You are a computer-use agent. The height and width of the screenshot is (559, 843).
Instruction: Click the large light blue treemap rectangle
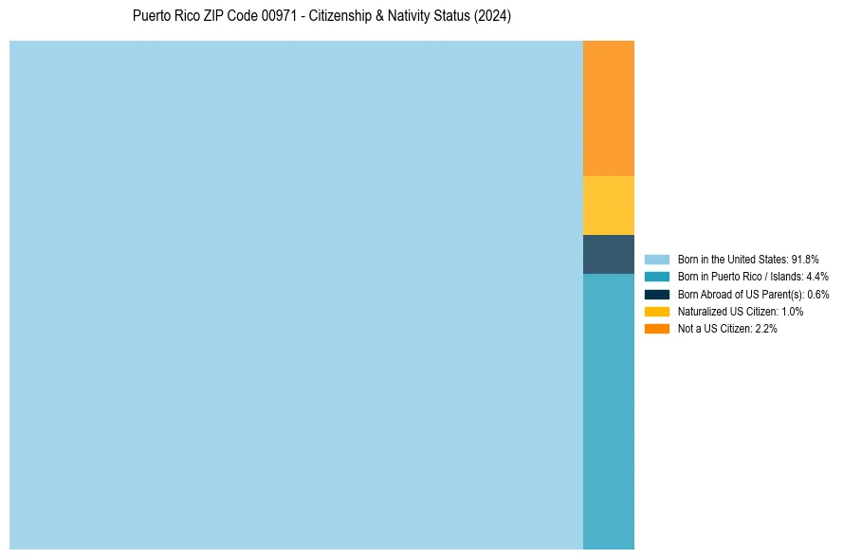pyautogui.click(x=296, y=295)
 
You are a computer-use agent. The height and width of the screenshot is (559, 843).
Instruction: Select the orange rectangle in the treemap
pyautogui.click(x=609, y=108)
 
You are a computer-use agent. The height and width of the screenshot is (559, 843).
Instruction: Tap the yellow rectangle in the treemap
pyautogui.click(x=609, y=206)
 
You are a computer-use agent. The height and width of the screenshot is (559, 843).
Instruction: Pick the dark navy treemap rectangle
pyautogui.click(x=609, y=254)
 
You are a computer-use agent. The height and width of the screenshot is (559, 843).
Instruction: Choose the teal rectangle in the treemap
pyautogui.click(x=609, y=411)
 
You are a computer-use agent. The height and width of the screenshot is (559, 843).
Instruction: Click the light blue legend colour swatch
pyautogui.click(x=657, y=259)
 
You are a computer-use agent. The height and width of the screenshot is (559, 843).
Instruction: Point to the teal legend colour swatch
pyautogui.click(x=657, y=277)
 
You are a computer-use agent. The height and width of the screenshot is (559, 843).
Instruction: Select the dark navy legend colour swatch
pyautogui.click(x=657, y=294)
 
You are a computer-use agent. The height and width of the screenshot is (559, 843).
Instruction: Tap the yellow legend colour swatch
pyautogui.click(x=657, y=311)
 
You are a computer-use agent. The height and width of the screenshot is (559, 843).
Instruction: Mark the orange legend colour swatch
pyautogui.click(x=657, y=329)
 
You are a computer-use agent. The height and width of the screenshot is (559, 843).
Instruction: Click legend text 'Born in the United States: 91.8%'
pyautogui.click(x=748, y=259)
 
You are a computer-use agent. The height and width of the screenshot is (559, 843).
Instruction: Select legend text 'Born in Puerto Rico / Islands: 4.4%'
pyautogui.click(x=753, y=277)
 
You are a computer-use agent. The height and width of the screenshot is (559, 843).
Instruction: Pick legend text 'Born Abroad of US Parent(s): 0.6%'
pyautogui.click(x=753, y=294)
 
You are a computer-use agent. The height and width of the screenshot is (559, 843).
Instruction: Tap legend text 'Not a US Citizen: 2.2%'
pyautogui.click(x=727, y=329)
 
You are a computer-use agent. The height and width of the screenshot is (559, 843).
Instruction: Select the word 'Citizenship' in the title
pyautogui.click(x=346, y=16)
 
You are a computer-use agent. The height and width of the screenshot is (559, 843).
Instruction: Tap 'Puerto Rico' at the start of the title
pyautogui.click(x=166, y=16)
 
